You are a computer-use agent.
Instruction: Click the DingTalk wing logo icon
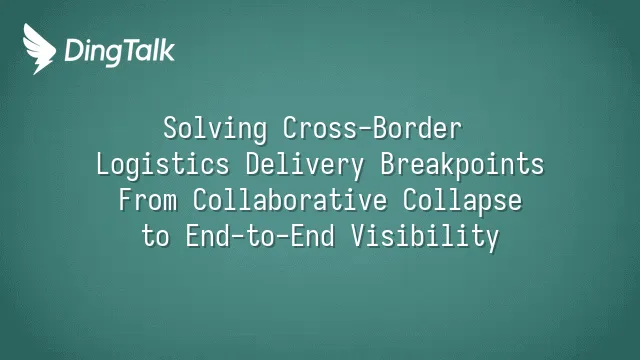[39, 49]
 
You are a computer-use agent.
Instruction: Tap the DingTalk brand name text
[120, 51]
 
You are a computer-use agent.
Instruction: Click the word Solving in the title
[216, 129]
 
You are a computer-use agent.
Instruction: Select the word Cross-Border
[372, 128]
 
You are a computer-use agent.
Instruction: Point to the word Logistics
[163, 165]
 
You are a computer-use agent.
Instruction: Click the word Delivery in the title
[305, 165]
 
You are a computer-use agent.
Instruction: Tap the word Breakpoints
[462, 165]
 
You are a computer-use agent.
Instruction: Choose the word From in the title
[148, 200]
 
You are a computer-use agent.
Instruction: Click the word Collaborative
[290, 200]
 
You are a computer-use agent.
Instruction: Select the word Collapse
[462, 201]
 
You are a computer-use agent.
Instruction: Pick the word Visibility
[425, 237]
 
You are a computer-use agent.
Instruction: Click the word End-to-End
[260, 236]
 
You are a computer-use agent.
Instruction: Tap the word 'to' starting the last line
[156, 237]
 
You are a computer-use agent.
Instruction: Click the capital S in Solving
[171, 129]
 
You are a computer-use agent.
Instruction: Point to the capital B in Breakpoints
[388, 164]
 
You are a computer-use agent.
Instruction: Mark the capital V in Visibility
[359, 236]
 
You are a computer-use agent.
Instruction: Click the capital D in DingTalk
[74, 50]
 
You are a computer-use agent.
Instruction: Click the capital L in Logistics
[104, 164]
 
